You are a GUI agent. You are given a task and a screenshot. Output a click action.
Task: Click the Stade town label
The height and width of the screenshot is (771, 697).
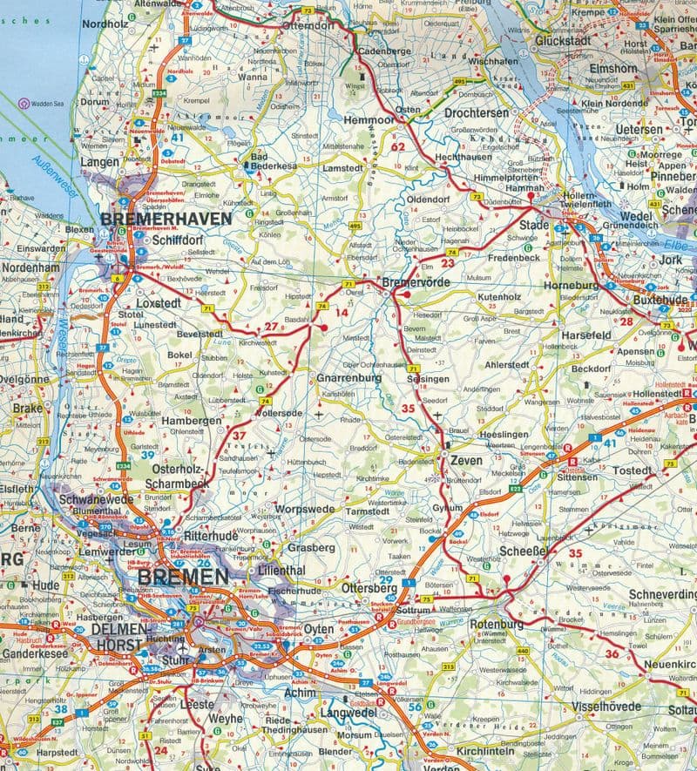pos(533,225)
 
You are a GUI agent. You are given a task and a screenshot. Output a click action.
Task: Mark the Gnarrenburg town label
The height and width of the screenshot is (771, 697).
pos(349,378)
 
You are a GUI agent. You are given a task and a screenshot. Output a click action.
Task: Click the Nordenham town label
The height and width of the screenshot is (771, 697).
pos(30,268)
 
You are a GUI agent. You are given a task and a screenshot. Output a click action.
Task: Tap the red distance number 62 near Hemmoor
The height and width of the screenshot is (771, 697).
pos(398,146)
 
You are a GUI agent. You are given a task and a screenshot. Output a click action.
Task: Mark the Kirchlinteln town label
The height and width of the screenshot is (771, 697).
pos(497,750)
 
